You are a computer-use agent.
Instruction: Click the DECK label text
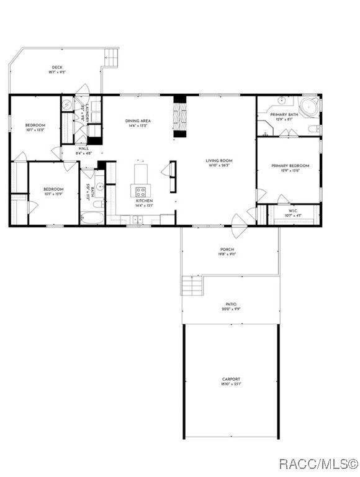[56, 67]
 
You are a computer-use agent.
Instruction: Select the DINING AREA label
[138, 121]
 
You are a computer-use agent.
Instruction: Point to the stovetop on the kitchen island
[140, 191]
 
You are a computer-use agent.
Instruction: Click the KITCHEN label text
[144, 201]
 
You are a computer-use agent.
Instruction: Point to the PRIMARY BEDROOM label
[290, 166]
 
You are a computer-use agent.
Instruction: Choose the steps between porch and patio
[192, 286]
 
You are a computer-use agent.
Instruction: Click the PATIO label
[230, 305]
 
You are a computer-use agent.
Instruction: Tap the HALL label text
[83, 148]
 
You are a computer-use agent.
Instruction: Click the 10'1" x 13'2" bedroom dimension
[35, 130]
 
